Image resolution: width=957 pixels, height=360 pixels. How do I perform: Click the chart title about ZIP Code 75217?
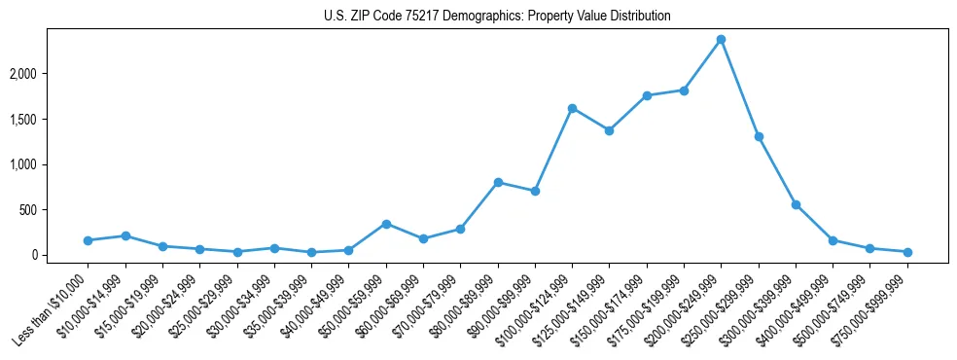pyautogui.click(x=497, y=17)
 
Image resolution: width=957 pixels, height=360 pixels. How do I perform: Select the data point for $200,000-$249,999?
pyautogui.click(x=721, y=40)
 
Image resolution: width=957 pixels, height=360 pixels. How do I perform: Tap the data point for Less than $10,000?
pyautogui.click(x=88, y=240)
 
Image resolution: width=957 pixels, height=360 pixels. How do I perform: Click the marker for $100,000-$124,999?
pyautogui.click(x=572, y=108)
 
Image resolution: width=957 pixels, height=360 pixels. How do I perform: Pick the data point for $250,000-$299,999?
pyautogui.click(x=759, y=136)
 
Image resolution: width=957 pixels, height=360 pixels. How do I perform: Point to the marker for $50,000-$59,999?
pyautogui.click(x=386, y=224)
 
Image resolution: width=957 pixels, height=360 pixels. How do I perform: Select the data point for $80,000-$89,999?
pyautogui.click(x=498, y=182)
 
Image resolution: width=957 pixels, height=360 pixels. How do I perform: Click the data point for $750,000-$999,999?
pyautogui.click(x=907, y=252)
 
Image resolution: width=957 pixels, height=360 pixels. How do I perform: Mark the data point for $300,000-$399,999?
pyautogui.click(x=796, y=204)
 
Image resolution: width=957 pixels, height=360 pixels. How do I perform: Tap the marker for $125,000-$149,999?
pyautogui.click(x=609, y=130)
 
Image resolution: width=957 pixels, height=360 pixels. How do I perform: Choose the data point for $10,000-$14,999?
pyautogui.click(x=125, y=235)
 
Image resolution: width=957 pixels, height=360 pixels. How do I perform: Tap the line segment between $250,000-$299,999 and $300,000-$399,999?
pyautogui.click(x=777, y=170)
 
